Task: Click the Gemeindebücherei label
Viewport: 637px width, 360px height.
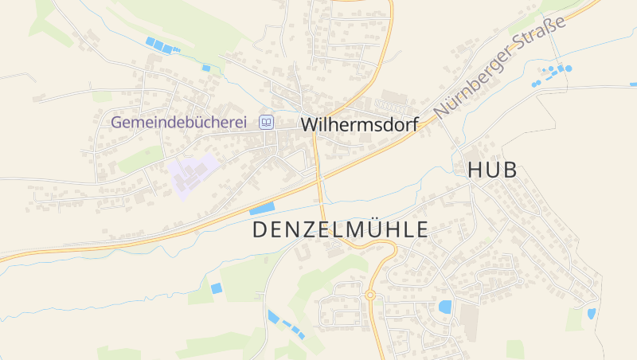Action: point(179,123)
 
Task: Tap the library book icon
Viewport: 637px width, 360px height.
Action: point(266,123)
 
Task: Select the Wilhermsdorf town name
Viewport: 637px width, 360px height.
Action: point(359,125)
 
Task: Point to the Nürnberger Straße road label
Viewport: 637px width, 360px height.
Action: point(500,67)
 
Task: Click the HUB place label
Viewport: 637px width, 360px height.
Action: point(492,170)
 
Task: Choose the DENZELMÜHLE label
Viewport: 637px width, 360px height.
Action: point(340,230)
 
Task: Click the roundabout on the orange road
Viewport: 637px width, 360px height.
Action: point(369,295)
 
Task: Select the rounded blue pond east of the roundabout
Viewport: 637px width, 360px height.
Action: point(444,307)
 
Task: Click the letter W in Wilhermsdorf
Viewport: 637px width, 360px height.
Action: point(310,125)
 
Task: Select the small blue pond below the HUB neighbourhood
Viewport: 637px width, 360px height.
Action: point(591,314)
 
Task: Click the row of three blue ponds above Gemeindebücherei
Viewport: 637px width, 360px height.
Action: point(159,45)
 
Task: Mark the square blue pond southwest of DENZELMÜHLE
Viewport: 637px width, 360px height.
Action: point(216,288)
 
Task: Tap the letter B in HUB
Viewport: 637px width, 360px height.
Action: point(510,170)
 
